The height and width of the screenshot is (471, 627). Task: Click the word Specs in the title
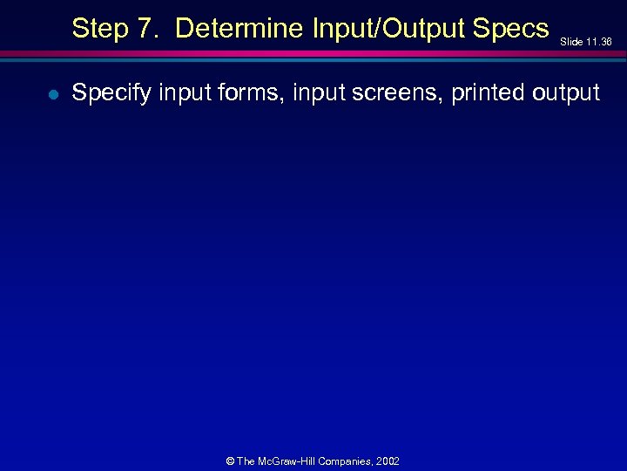513,29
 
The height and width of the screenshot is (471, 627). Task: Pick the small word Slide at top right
570,41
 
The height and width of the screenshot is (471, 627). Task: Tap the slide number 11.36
600,41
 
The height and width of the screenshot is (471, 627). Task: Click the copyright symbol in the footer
230,461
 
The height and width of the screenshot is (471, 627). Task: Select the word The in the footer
246,461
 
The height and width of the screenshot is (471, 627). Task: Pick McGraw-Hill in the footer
288,461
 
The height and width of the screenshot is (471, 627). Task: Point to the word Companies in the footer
347,461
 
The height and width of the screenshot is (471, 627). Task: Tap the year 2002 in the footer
388,461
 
